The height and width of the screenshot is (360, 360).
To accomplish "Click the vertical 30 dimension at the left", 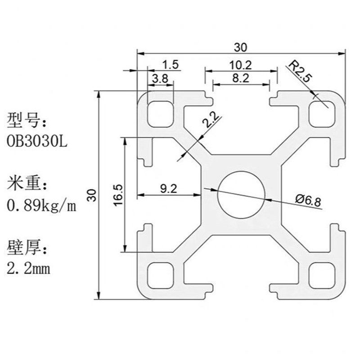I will coord(91,194).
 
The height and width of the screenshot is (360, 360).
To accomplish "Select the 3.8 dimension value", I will coord(161,78).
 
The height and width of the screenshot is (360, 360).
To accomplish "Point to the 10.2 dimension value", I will coord(240,64).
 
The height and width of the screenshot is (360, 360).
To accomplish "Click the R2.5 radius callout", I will coord(300,72).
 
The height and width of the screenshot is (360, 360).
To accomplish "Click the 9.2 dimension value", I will coord(169,189).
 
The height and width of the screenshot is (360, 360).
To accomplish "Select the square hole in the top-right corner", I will coord(322,113).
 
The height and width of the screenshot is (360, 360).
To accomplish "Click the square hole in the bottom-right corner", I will coord(322,275).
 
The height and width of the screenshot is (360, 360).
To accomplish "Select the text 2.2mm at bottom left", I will coord(28,269).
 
